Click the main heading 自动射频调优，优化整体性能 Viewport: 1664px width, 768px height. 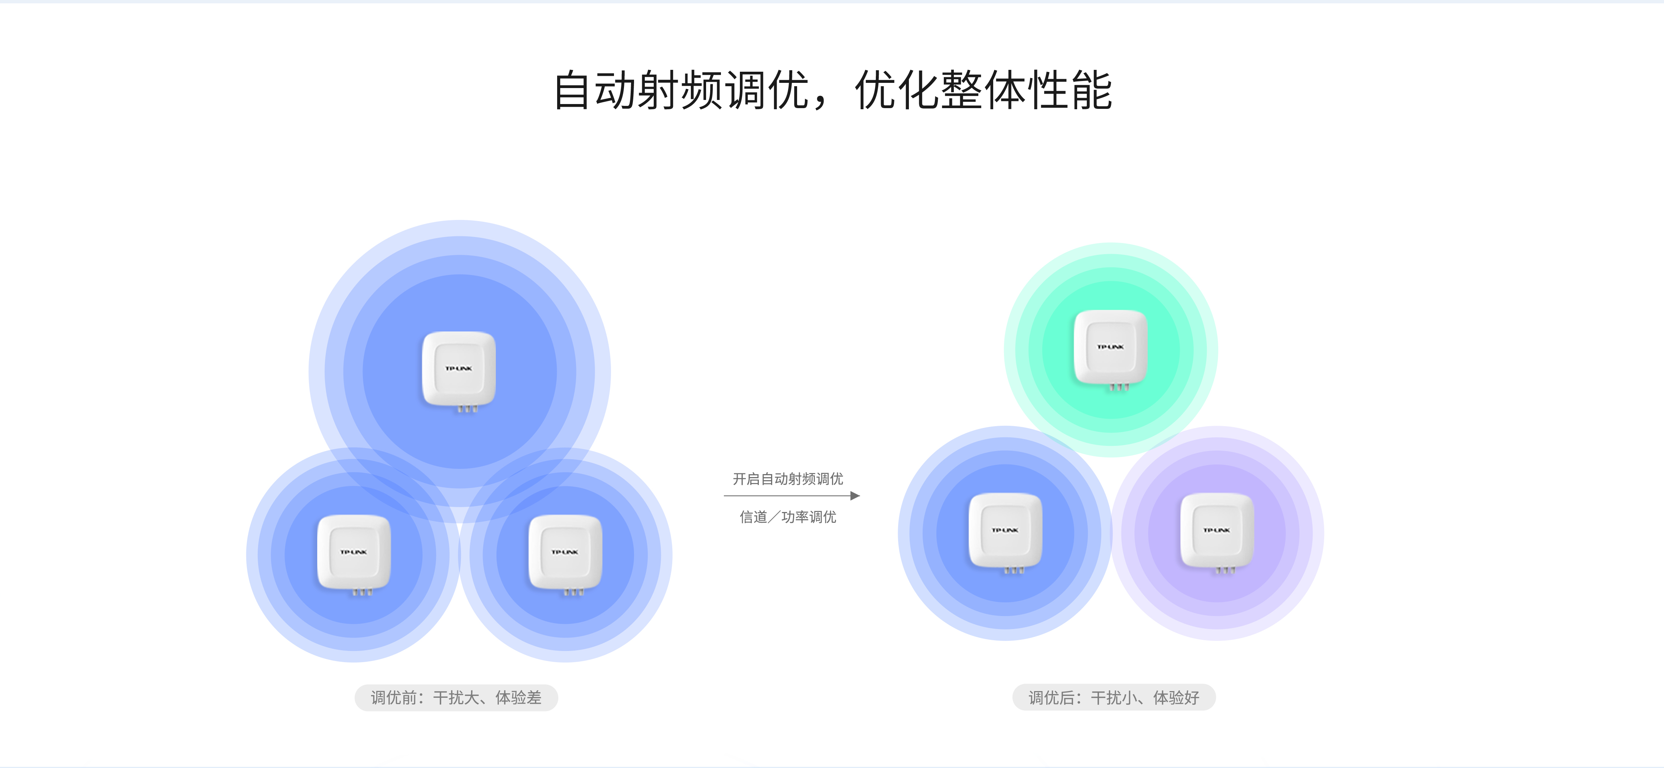pyautogui.click(x=833, y=90)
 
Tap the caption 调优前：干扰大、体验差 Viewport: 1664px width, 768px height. pyautogui.click(x=456, y=698)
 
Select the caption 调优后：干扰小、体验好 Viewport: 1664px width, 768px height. pyautogui.click(x=1114, y=698)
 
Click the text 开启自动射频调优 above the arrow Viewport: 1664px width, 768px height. pyautogui.click(x=787, y=479)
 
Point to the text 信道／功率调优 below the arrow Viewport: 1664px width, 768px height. pyautogui.click(x=787, y=517)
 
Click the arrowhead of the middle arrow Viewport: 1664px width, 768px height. pyautogui.click(x=855, y=495)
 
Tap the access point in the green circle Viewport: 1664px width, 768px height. pyautogui.click(x=1111, y=349)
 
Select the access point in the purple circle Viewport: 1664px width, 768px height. pyautogui.click(x=1217, y=533)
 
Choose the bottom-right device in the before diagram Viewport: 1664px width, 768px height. pyautogui.click(x=565, y=555)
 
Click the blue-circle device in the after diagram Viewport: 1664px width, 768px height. pyautogui.click(x=1005, y=533)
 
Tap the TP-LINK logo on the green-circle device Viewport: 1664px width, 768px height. pyautogui.click(x=1111, y=347)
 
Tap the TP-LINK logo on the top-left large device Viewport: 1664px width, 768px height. pyautogui.click(x=459, y=368)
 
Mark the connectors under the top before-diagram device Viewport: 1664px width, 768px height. pyautogui.click(x=467, y=409)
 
